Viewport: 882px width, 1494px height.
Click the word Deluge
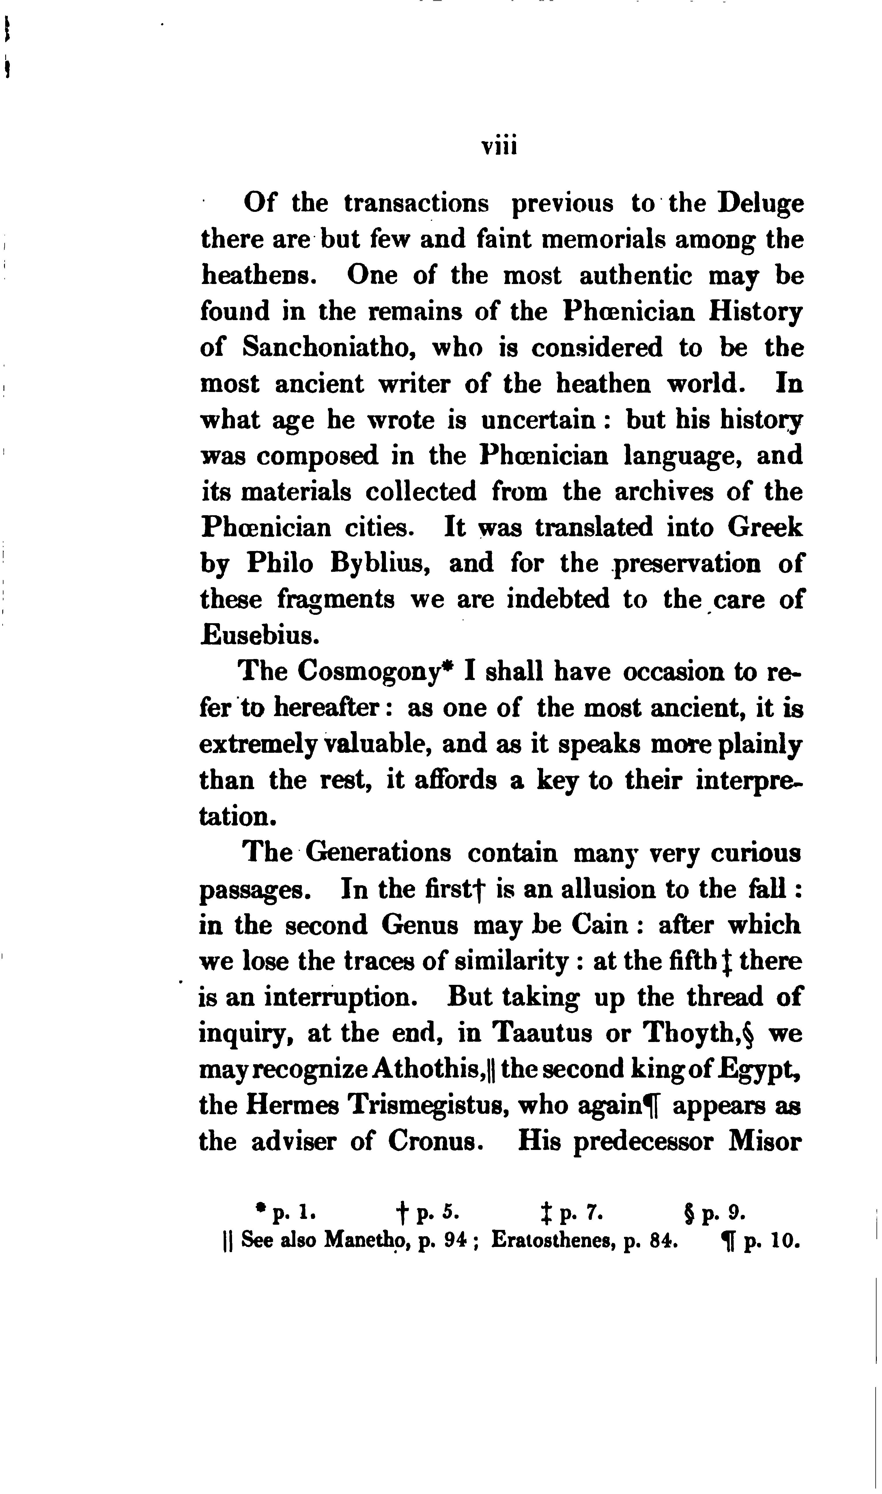tap(761, 204)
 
